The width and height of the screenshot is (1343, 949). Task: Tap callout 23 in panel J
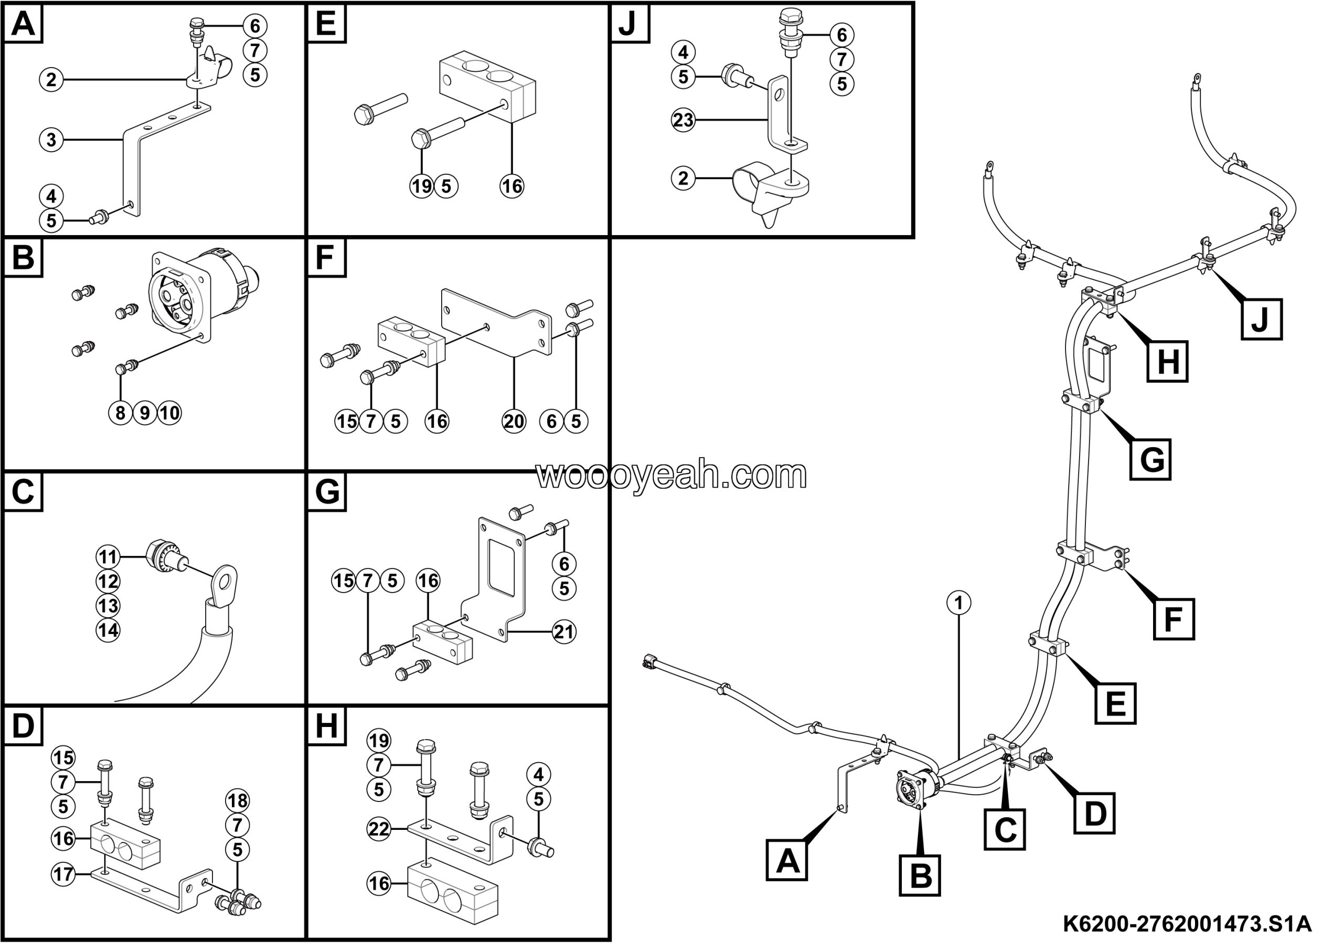pyautogui.click(x=683, y=121)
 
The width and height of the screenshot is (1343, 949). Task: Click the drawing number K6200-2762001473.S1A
pyautogui.click(x=1187, y=924)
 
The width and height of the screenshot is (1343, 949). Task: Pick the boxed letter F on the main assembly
pyautogui.click(x=1174, y=619)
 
